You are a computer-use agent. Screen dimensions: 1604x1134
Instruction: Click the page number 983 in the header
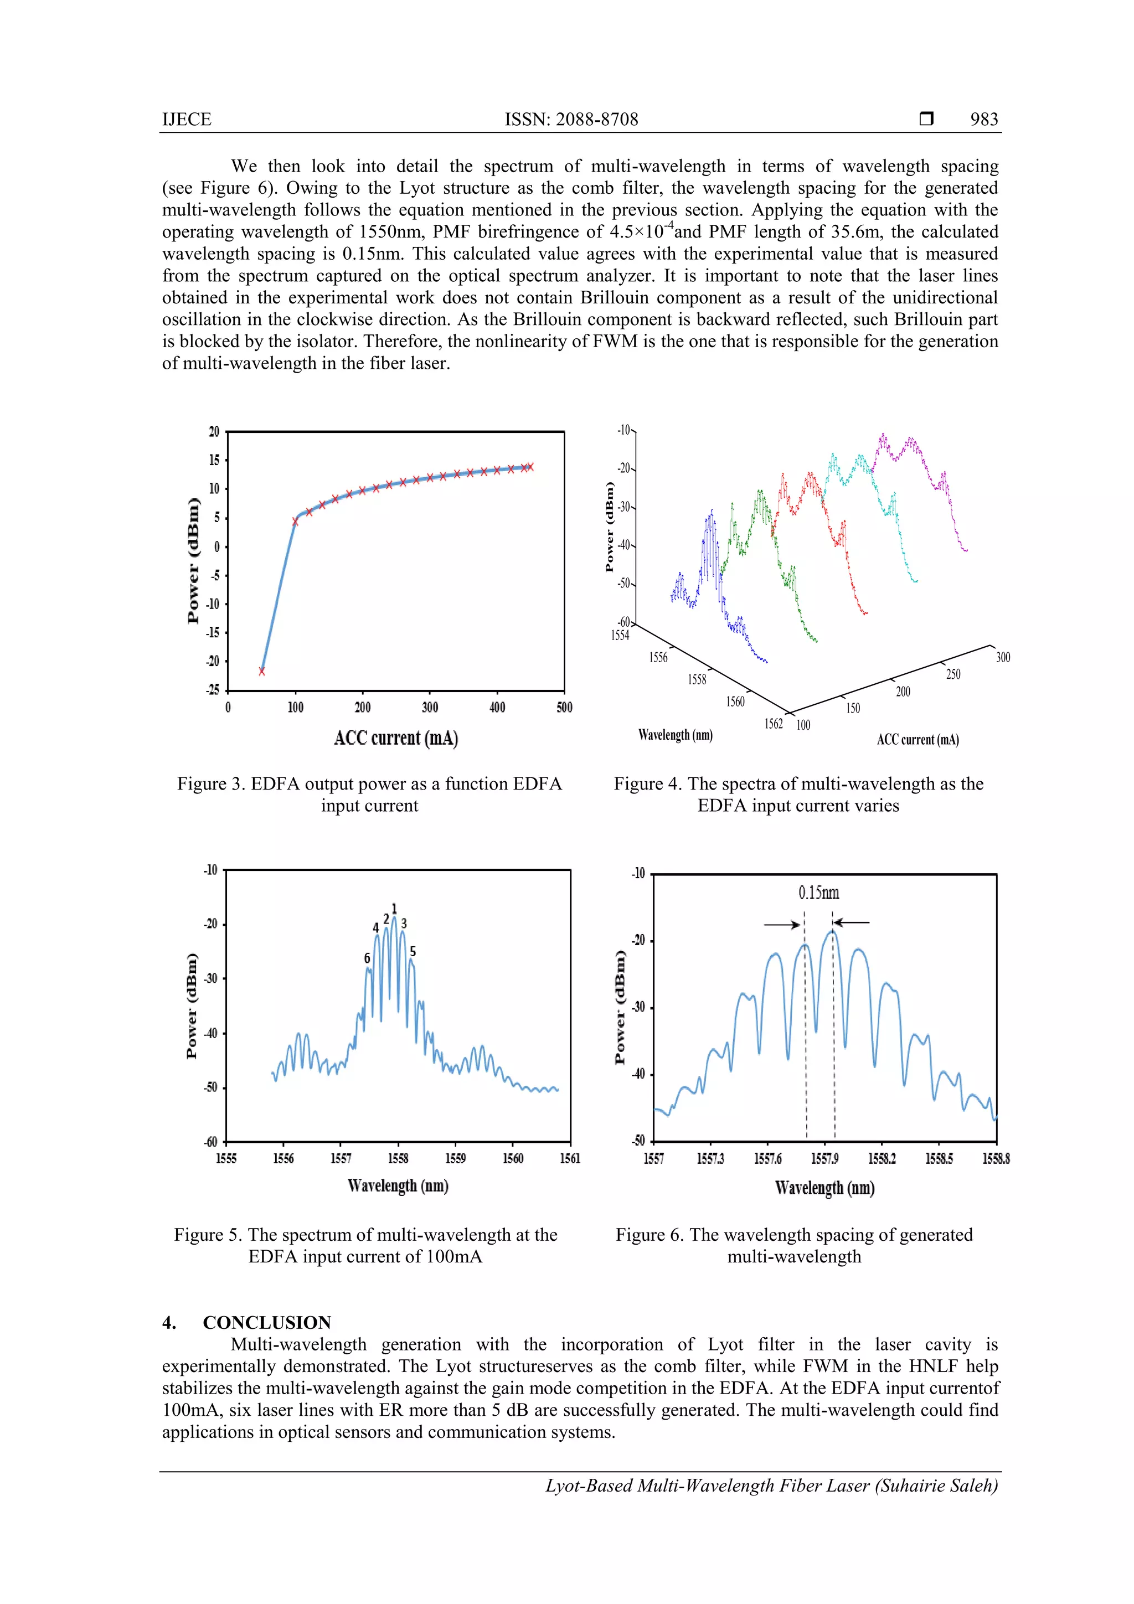[x=984, y=120]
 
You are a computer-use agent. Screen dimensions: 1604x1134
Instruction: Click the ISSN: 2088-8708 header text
[x=571, y=120]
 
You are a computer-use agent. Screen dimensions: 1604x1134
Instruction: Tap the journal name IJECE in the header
[x=187, y=120]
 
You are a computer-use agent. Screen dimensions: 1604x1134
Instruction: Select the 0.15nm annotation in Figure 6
[x=818, y=893]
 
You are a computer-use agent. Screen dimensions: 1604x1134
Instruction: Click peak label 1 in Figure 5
[x=394, y=908]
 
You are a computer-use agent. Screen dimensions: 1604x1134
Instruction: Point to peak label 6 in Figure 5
[x=367, y=958]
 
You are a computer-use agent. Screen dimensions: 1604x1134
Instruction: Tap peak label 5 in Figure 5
[x=413, y=952]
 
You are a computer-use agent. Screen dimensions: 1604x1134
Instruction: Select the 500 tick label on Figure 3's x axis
[x=564, y=708]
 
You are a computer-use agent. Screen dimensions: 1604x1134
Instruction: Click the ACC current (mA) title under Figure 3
[x=395, y=739]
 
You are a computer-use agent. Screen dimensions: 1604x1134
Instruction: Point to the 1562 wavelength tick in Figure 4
[x=774, y=724]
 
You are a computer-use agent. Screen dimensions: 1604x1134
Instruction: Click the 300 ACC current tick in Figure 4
[x=1003, y=657]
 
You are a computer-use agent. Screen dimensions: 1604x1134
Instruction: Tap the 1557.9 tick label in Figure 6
[x=824, y=1159]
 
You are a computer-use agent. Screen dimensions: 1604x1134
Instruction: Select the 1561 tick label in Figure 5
[x=569, y=1158]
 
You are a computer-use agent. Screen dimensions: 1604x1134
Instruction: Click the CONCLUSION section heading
[x=266, y=1323]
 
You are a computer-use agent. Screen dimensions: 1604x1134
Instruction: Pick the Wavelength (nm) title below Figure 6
[x=824, y=1188]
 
